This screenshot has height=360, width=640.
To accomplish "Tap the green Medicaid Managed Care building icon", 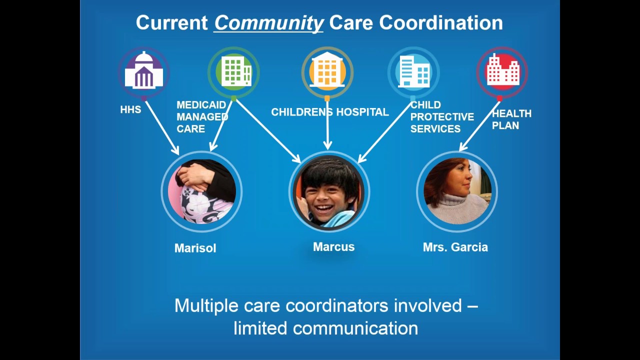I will pyautogui.click(x=233, y=72).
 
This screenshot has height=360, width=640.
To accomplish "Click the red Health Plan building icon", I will pyautogui.click(x=502, y=72).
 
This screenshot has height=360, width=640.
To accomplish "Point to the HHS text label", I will pyautogui.click(x=130, y=109).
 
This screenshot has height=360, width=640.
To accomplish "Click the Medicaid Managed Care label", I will pyautogui.click(x=201, y=116).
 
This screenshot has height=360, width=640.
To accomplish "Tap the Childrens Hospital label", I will pyautogui.click(x=330, y=112).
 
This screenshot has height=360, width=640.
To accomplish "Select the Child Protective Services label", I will pyautogui.click(x=442, y=116).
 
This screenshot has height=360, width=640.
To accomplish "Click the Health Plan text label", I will pyautogui.click(x=511, y=119).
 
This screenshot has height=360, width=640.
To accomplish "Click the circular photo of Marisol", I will pyautogui.click(x=201, y=191).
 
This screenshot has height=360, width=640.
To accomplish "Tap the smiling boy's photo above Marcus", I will pyautogui.click(x=329, y=192).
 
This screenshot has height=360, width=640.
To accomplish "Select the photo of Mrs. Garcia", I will pyautogui.click(x=457, y=191).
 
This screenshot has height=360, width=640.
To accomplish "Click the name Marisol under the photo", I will pyautogui.click(x=195, y=248).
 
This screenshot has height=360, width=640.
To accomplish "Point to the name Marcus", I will pyautogui.click(x=333, y=246).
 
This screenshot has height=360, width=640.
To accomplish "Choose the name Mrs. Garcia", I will pyautogui.click(x=455, y=247).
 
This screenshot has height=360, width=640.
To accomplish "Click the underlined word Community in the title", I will pyautogui.click(x=268, y=23).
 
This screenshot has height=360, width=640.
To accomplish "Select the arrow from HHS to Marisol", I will pyautogui.click(x=162, y=128).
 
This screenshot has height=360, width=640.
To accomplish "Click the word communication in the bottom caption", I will pyautogui.click(x=355, y=328).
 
